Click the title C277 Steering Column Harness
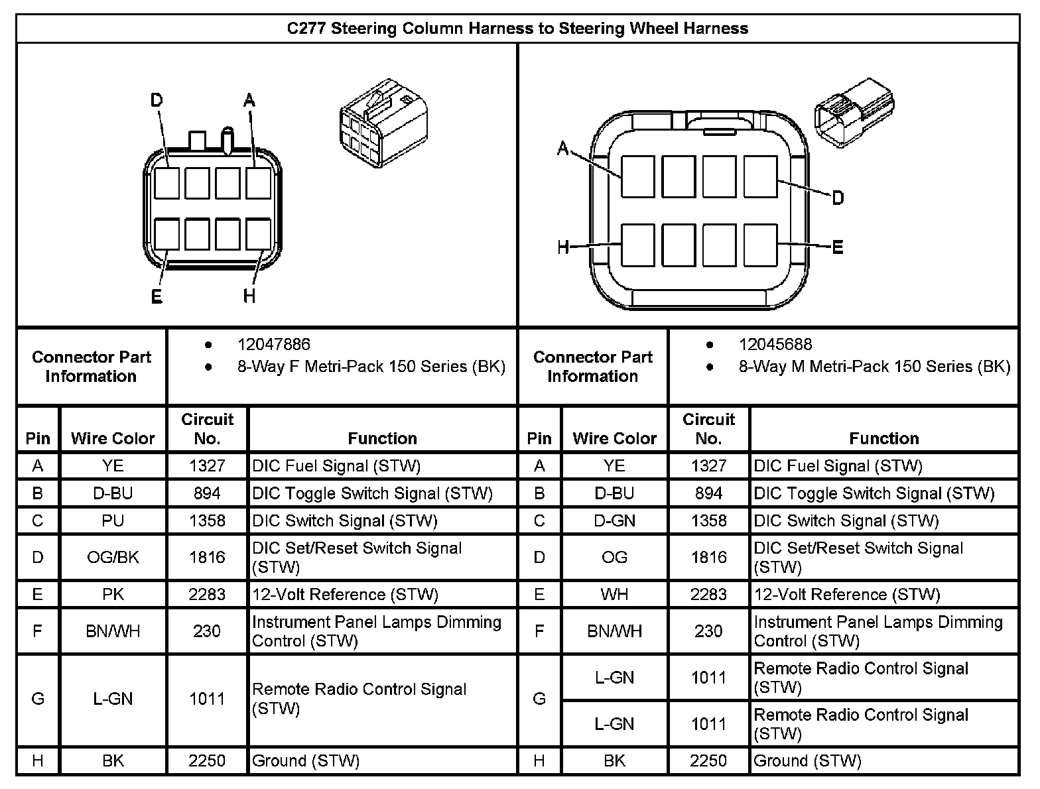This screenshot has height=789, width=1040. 517,29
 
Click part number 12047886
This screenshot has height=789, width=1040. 273,344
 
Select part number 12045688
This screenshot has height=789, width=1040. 775,344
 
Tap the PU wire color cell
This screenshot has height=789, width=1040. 113,520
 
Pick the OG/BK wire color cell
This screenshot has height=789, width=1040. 113,557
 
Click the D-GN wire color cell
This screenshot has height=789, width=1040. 614,520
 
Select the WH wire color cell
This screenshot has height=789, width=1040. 614,594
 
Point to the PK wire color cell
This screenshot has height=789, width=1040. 113,594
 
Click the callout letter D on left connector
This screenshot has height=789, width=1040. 157,101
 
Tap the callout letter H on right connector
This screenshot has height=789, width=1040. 563,248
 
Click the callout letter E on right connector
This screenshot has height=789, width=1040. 837,248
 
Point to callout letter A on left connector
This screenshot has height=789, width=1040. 249,101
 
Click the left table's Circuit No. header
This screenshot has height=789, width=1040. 207,428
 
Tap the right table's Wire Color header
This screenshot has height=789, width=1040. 614,438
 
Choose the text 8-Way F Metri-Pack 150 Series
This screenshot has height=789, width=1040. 371,367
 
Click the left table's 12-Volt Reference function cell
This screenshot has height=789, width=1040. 345,594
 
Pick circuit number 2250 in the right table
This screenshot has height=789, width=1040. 708,760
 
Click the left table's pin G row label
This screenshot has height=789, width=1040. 38,699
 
